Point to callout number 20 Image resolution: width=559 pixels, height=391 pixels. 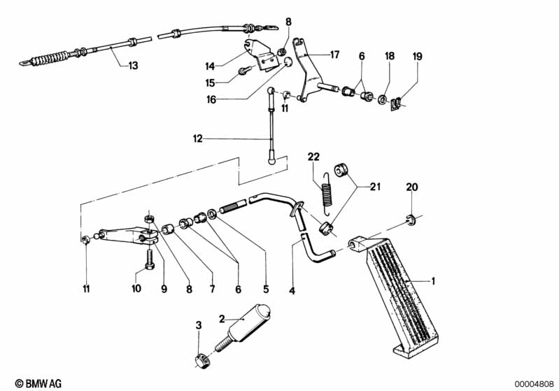pyautogui.click(x=411, y=187)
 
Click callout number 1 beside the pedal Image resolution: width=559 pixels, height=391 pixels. pyautogui.click(x=433, y=281)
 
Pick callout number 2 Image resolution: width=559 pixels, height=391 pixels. pyautogui.click(x=222, y=318)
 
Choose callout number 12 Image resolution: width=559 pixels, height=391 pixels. pyautogui.click(x=198, y=138)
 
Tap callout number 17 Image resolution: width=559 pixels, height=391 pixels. pyautogui.click(x=334, y=54)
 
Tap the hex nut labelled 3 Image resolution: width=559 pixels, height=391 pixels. pyautogui.click(x=199, y=361)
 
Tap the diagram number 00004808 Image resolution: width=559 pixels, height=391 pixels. pyautogui.click(x=534, y=383)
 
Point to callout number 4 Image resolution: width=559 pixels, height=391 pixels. pyautogui.click(x=292, y=287)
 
